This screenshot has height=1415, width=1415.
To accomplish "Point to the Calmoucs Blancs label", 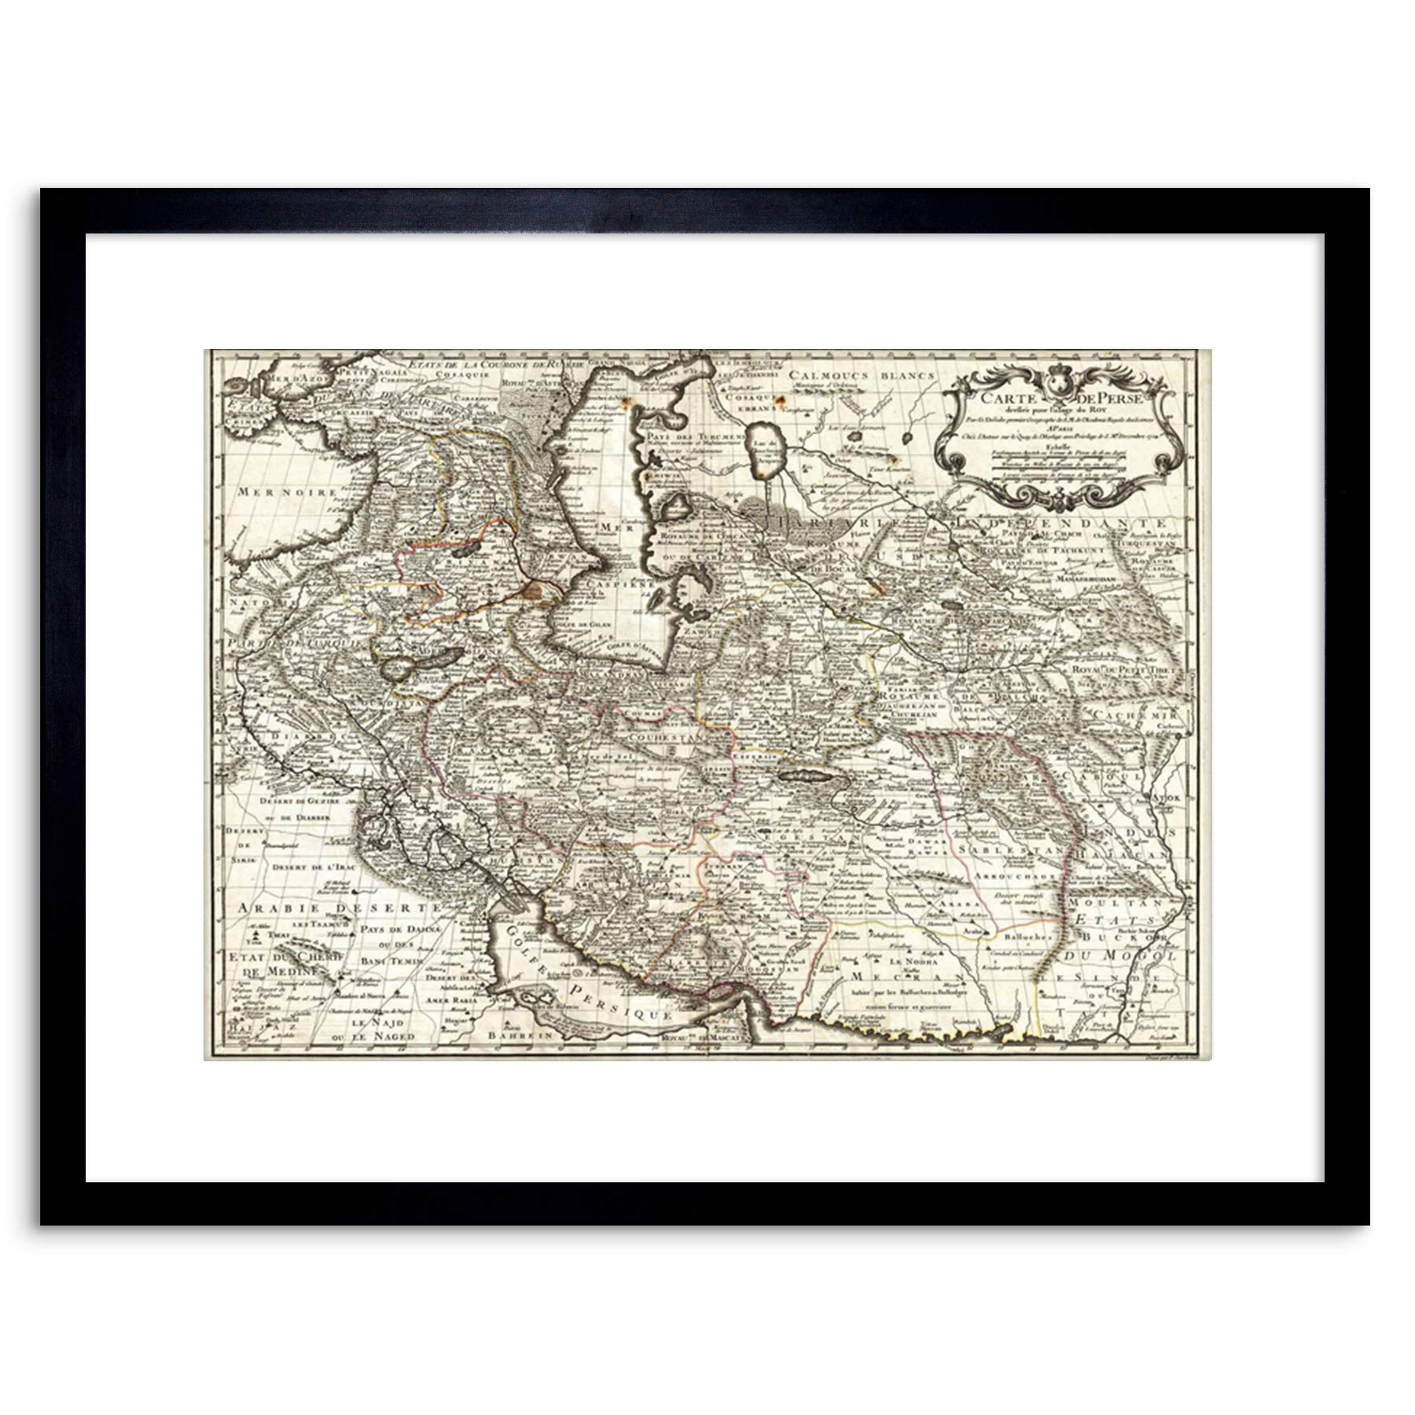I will pyautogui.click(x=862, y=376).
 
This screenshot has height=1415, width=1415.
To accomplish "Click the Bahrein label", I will pyautogui.click(x=515, y=1036).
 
